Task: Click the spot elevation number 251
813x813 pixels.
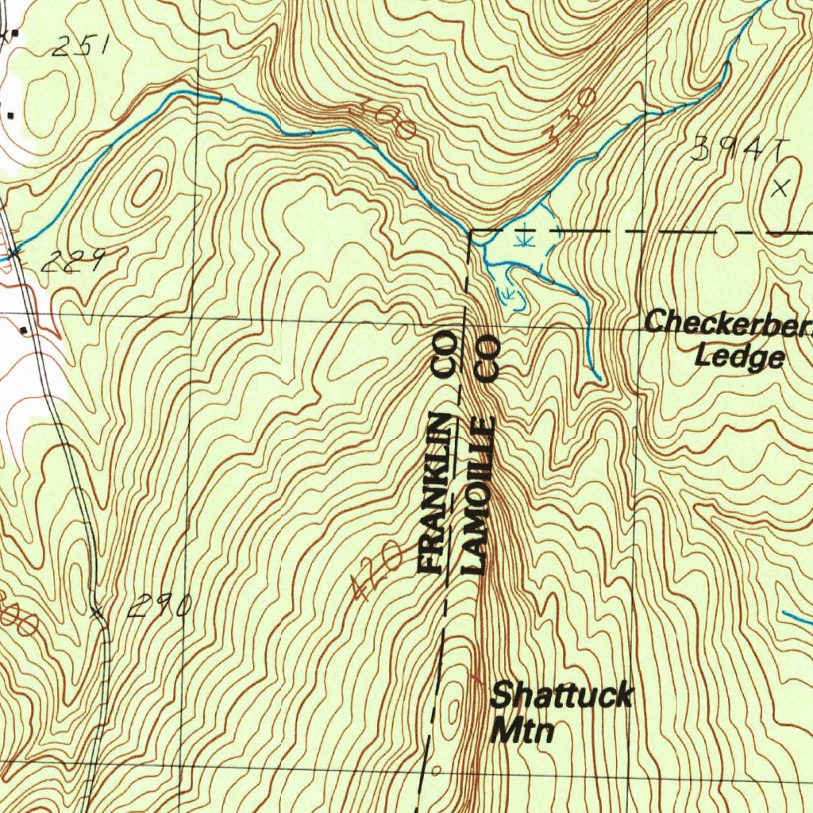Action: coord(79,48)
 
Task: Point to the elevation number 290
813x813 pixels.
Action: coord(159,607)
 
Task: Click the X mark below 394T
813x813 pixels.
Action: coord(781,189)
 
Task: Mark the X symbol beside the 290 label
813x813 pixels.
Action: coord(98,612)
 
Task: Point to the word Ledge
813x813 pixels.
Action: coord(739,356)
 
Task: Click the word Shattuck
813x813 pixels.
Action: coord(561,695)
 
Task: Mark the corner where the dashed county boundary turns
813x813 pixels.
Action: coord(471,232)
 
